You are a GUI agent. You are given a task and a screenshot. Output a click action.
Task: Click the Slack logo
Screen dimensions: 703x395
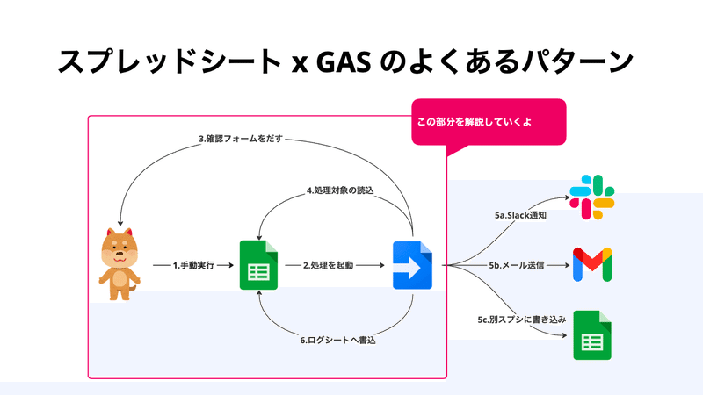[x=591, y=197]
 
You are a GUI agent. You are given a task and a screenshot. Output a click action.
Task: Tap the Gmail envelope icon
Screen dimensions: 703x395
[x=592, y=264]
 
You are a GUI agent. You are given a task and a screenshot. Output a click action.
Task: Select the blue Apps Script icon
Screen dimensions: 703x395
[x=412, y=265]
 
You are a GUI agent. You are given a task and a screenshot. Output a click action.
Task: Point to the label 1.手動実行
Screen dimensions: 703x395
[x=193, y=266]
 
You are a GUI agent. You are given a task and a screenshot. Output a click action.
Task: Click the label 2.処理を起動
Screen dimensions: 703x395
[x=328, y=266]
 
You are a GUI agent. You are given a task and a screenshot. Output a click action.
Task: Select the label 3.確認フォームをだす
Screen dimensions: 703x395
[x=241, y=139]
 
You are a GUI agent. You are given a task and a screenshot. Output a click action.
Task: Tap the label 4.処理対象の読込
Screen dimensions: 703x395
[x=340, y=190]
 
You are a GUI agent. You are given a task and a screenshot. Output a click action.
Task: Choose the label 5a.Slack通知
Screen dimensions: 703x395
[x=520, y=215]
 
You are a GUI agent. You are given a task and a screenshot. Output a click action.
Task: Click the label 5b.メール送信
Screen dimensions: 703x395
[x=517, y=266]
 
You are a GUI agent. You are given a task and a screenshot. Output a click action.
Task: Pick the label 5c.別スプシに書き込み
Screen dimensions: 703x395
[x=522, y=320]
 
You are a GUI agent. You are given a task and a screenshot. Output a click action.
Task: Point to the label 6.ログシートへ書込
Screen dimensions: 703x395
[x=338, y=341]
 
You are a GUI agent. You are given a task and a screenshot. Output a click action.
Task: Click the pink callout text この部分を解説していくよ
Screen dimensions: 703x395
[x=475, y=122]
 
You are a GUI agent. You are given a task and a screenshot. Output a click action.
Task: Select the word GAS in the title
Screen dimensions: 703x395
[x=344, y=61]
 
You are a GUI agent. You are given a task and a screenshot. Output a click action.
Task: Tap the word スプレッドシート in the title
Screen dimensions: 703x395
[x=170, y=61]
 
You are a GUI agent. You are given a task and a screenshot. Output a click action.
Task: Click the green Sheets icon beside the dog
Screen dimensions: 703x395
[x=258, y=265]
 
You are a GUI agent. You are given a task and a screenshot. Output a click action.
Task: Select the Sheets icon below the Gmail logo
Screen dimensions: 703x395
[x=592, y=335]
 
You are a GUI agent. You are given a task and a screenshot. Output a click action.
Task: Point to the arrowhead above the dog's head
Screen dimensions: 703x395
[x=120, y=223]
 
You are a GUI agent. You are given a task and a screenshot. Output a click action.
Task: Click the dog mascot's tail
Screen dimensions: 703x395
[x=133, y=288]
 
